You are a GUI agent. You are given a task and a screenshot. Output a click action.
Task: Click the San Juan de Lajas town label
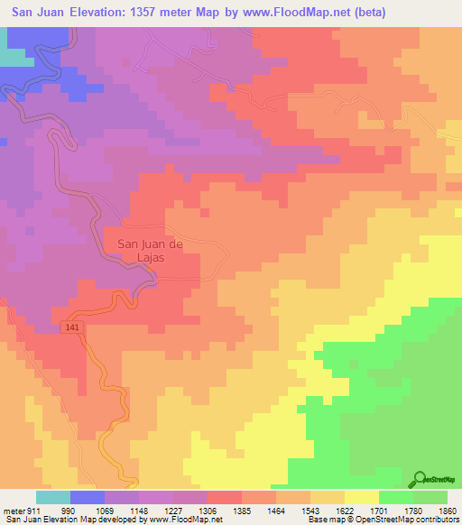[144, 249]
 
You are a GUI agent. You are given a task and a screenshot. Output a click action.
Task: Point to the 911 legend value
[34, 511]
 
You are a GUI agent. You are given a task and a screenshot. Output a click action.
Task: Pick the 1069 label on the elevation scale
[106, 511]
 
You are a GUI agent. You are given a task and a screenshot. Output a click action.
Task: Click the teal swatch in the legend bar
[53, 498]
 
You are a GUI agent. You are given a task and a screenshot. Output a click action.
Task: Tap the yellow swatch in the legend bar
[362, 498]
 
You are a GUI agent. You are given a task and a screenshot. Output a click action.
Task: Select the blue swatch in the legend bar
[88, 498]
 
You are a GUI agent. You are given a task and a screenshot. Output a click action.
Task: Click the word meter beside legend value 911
[14, 511]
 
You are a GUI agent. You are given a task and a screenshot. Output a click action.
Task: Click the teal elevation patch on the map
[11, 56]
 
